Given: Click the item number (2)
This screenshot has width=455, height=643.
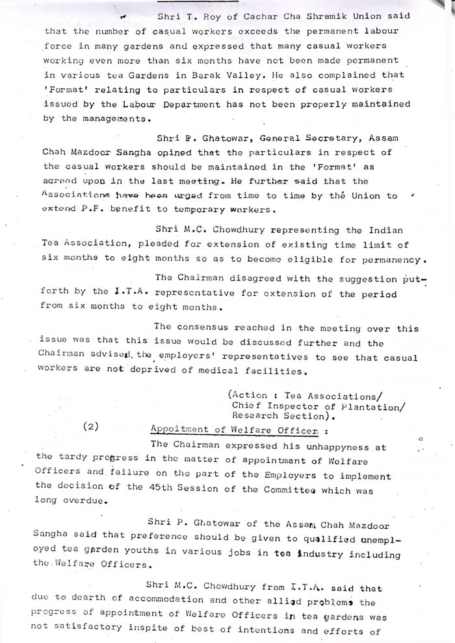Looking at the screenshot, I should pyautogui.click(x=91, y=428).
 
